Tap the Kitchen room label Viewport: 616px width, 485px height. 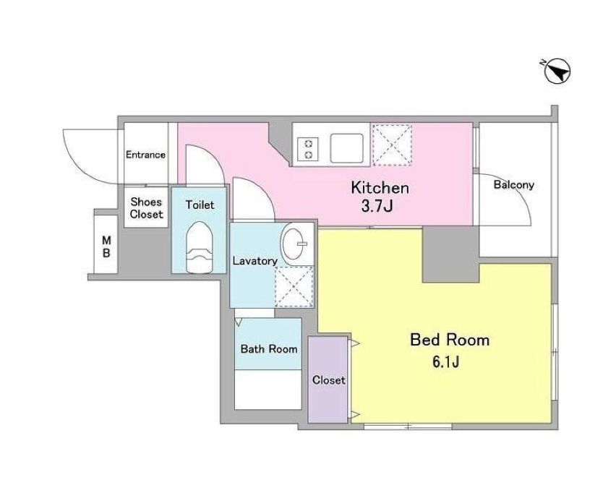[x=380, y=187]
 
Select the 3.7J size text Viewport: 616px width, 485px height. [x=377, y=206]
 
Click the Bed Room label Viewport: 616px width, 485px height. [x=450, y=340]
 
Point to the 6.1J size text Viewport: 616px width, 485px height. [x=446, y=361]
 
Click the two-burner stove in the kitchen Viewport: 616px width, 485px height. [x=307, y=148]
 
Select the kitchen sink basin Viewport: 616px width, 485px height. [x=346, y=148]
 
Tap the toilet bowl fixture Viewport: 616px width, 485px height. [x=199, y=247]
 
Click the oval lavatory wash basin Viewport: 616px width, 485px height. [x=293, y=244]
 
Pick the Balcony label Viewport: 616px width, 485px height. [x=513, y=184]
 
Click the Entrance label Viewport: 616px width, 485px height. [x=145, y=155]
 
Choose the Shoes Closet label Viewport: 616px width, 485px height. [x=146, y=208]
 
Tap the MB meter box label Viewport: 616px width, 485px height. [x=106, y=246]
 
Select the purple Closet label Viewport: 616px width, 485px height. [x=329, y=379]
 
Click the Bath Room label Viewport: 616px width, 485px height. [x=269, y=348]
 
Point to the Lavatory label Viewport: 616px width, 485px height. [x=255, y=261]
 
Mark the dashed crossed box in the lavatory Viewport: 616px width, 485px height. [x=294, y=287]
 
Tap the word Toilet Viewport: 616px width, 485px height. [x=200, y=205]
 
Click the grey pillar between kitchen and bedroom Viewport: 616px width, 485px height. [x=450, y=254]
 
